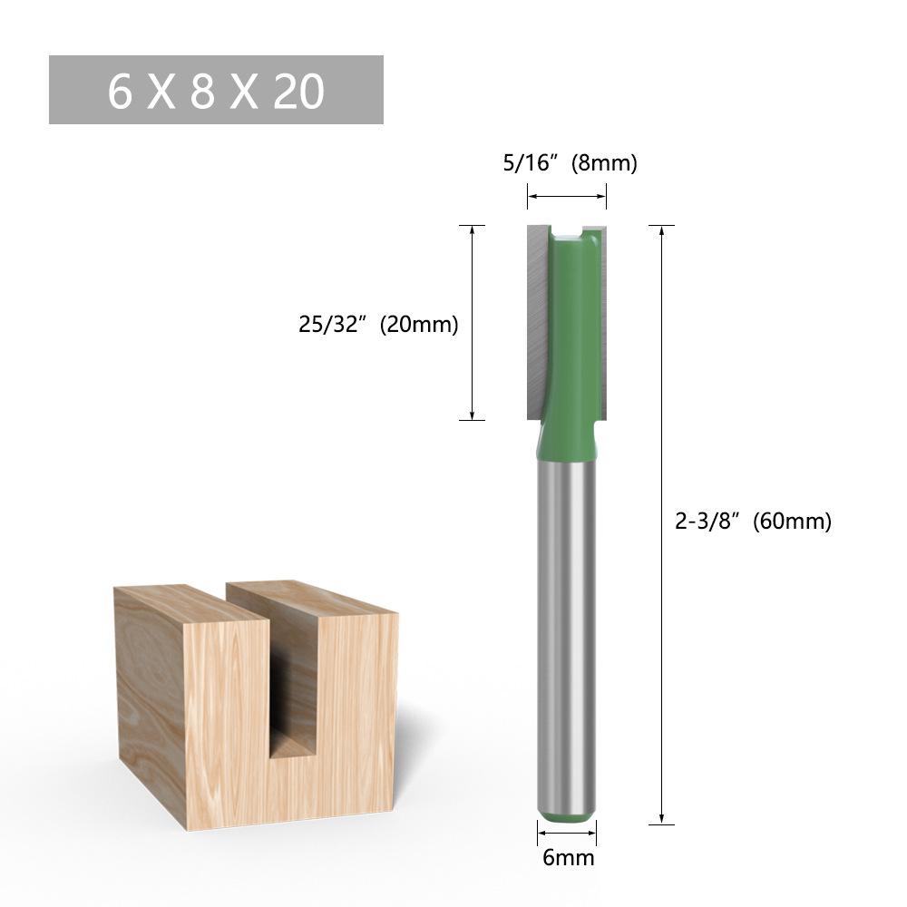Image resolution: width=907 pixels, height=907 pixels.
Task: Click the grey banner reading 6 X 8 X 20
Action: tap(216, 90)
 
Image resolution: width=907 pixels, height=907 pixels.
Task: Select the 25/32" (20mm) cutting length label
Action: tap(378, 324)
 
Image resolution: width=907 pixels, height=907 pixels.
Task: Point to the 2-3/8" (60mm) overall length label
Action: tap(753, 522)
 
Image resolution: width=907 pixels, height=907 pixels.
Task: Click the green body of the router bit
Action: tap(570, 345)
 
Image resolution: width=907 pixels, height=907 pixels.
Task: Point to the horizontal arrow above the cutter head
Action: tap(567, 195)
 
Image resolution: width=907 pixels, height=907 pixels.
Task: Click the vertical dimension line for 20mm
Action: tap(473, 322)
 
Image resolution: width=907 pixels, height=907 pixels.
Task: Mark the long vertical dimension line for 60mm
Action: tap(662, 524)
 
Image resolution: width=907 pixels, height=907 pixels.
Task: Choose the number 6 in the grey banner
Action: tap(120, 91)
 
